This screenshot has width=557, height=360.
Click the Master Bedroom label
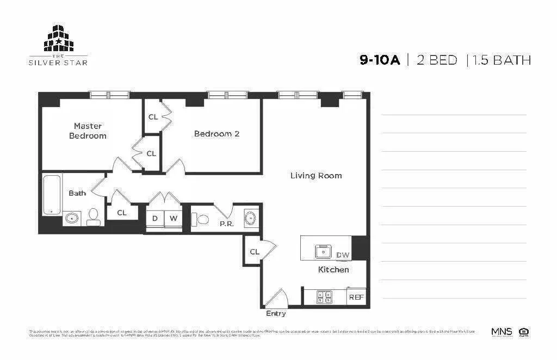(88, 131)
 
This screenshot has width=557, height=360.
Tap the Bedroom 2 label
(216, 134)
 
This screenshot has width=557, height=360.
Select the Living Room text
(315, 176)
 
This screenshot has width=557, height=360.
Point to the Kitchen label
(333, 269)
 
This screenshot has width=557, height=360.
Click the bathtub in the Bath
(52, 195)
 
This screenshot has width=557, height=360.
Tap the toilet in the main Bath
(93, 217)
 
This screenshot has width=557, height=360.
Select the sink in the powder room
(250, 218)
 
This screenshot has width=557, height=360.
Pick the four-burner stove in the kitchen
(325, 297)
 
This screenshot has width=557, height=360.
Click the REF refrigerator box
(356, 297)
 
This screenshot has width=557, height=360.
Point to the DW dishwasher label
(342, 255)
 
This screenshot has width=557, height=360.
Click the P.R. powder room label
(226, 224)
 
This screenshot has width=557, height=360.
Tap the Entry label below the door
(276, 314)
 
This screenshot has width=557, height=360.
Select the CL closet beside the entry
(254, 252)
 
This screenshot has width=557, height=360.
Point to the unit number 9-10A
(379, 60)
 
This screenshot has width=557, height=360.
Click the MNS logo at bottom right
(501, 332)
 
